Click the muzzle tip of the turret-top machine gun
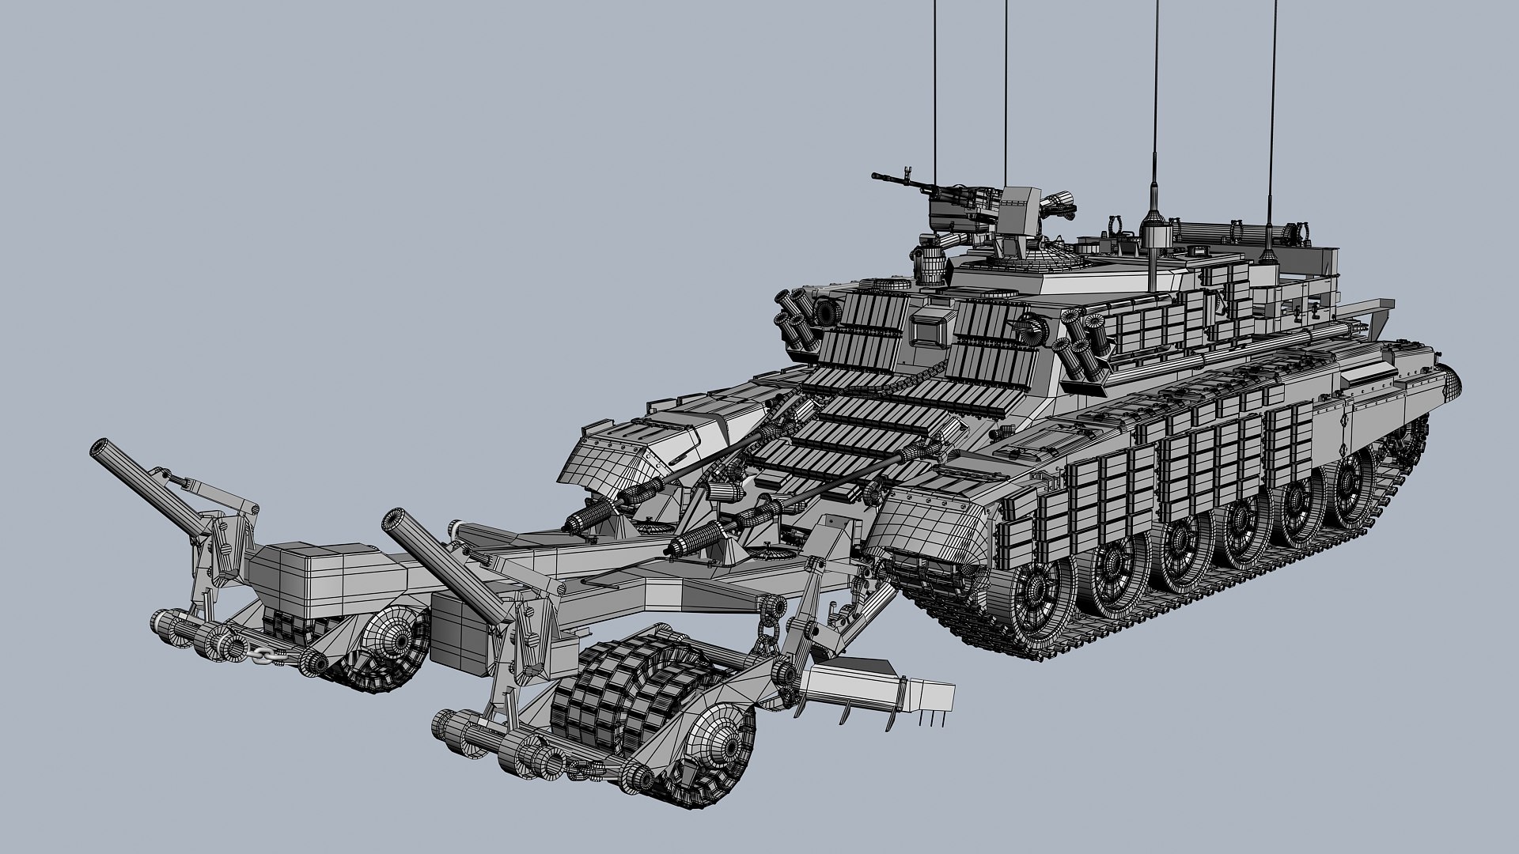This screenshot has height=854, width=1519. [875, 176]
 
